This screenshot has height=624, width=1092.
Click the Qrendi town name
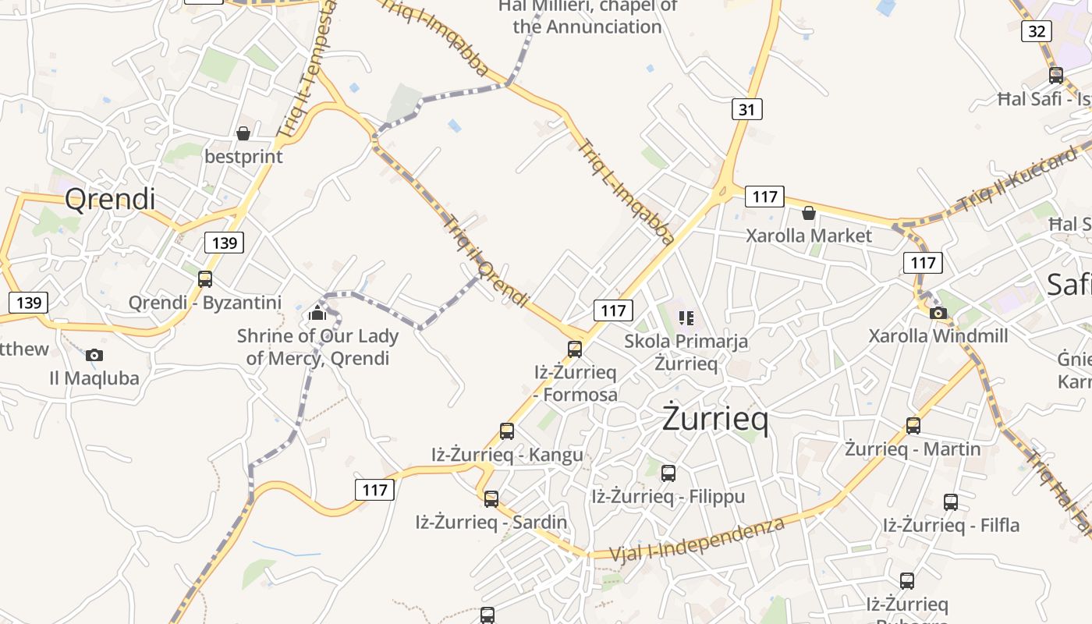[110, 199]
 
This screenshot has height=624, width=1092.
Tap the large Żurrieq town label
[715, 419]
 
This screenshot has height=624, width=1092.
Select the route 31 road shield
[746, 109]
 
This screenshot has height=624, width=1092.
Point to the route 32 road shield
[1036, 31]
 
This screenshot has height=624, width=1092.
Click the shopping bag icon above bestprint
[243, 133]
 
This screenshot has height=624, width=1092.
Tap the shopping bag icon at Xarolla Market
[809, 213]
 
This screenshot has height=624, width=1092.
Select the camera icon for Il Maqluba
[94, 356]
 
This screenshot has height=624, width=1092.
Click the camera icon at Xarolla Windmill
[938, 314]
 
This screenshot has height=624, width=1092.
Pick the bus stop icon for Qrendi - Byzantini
[205, 278]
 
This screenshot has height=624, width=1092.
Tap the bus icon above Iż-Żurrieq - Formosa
[575, 349]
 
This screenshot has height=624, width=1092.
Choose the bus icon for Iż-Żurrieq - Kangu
[507, 431]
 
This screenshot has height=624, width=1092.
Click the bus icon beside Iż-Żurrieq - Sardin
[491, 498]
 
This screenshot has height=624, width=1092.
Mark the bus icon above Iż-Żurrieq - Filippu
[668, 473]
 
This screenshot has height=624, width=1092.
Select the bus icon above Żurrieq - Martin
[913, 426]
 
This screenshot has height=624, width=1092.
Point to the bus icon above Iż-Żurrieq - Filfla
[951, 502]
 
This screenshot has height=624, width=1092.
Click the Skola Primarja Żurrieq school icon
[686, 317]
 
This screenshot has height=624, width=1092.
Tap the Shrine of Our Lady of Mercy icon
[317, 313]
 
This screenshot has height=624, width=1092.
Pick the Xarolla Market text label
[809, 236]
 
